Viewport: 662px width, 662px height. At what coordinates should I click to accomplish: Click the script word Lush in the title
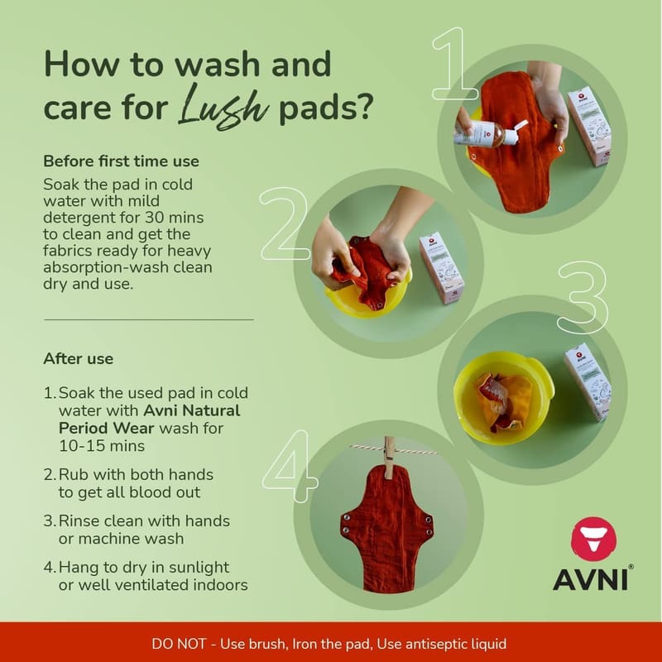point(223,107)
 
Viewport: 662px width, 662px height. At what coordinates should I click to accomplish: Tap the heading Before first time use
point(121,161)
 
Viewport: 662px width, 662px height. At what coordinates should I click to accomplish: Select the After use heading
point(78,359)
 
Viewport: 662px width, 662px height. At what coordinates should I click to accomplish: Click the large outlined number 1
point(454,64)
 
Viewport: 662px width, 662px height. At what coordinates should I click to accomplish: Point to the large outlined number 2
point(285,223)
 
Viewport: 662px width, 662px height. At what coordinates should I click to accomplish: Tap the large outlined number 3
point(583,297)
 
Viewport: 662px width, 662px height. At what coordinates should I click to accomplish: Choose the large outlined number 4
point(290,466)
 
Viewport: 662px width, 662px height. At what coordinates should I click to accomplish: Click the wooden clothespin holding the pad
point(389,458)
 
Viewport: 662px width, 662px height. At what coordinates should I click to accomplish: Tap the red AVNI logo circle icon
point(593,540)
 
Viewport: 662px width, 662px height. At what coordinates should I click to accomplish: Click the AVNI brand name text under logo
point(591,580)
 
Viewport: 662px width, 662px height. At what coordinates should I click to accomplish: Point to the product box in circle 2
point(441,267)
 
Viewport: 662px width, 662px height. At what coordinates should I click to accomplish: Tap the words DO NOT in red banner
point(179,644)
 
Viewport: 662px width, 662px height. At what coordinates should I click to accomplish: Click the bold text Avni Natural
point(192,410)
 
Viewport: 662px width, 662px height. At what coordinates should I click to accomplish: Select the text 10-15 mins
point(102,446)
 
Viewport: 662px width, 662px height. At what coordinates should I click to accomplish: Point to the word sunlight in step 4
point(199,568)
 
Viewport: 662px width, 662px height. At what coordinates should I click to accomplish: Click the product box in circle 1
point(589,127)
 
